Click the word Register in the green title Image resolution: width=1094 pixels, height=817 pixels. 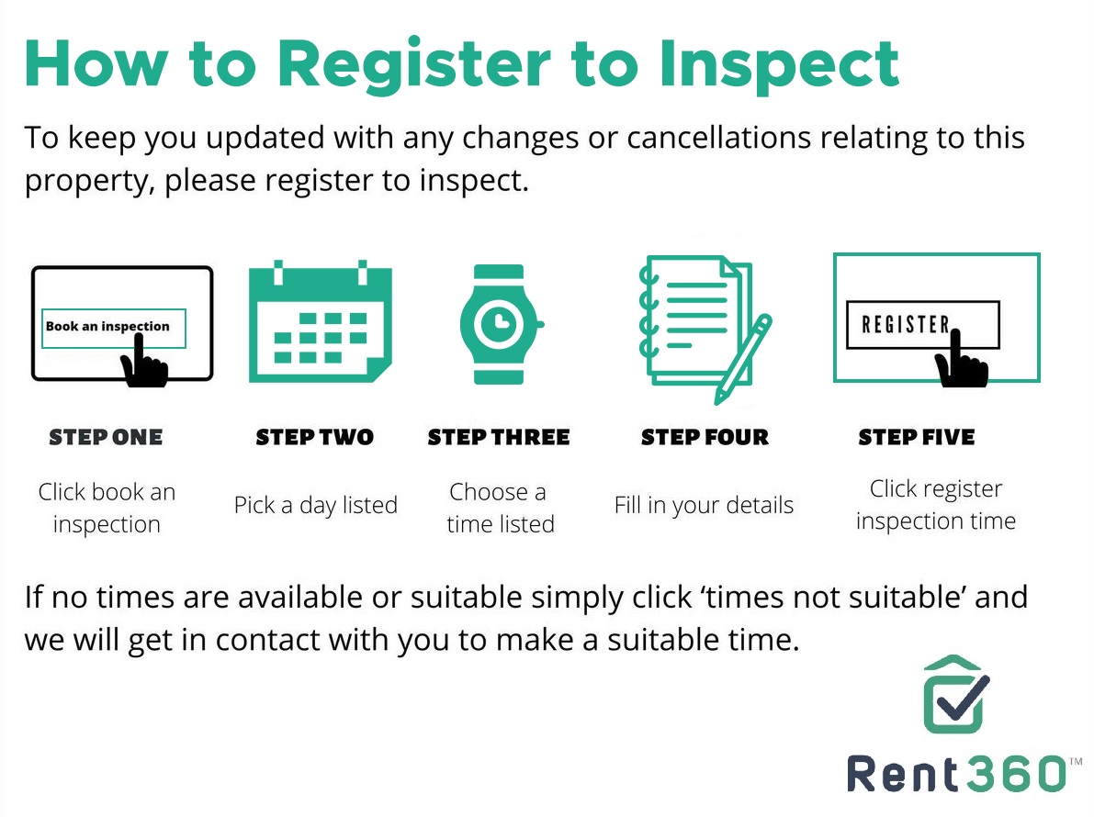pos(414,65)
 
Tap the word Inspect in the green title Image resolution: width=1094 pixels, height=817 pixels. pos(779,65)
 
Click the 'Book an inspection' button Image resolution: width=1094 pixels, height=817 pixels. pos(114,328)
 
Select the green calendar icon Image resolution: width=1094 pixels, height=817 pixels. pos(321,321)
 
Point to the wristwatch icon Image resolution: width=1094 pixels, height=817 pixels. pos(501,324)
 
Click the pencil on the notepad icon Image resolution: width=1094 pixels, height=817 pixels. pos(743,359)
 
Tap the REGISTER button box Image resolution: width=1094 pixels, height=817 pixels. pos(922,324)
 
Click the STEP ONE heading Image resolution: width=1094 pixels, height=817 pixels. pos(106,437)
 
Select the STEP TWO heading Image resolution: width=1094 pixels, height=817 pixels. pos(315,437)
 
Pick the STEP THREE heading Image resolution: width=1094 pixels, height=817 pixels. pos(499,437)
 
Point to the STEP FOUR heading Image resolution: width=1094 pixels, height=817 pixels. pos(705,437)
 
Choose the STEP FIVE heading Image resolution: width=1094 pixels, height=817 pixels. pos(917,437)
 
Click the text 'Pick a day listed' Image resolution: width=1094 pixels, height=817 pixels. pos(316,505)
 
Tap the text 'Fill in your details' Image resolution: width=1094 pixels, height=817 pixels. pos(704,505)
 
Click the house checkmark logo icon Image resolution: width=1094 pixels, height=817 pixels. pos(956,694)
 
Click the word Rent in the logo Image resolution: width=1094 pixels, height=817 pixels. pos(903,775)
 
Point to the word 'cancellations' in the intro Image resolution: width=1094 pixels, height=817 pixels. pos(718,138)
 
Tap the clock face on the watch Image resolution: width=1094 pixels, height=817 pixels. pos(499,323)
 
